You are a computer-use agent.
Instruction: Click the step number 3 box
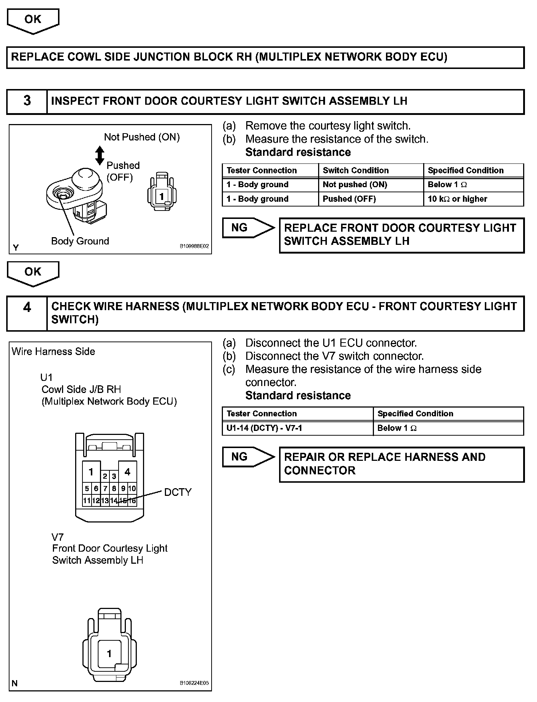[x=27, y=101]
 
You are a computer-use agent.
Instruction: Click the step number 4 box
[x=27, y=313]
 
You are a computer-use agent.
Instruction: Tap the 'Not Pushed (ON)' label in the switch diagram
[x=142, y=137]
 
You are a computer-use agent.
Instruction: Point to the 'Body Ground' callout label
[x=80, y=241]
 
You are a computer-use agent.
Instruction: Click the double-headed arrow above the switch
[x=100, y=155]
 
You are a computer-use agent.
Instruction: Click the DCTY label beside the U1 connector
[x=178, y=492]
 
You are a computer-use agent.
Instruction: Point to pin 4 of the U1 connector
[x=127, y=472]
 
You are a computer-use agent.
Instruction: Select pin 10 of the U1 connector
[x=132, y=488]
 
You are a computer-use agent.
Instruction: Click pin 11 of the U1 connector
[x=86, y=501]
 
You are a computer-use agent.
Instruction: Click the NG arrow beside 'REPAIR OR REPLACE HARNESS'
[x=248, y=457]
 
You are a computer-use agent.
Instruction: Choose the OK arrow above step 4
[x=33, y=273]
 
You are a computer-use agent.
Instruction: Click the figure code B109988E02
[x=194, y=246]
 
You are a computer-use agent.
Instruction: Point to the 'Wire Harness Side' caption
[x=53, y=351]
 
